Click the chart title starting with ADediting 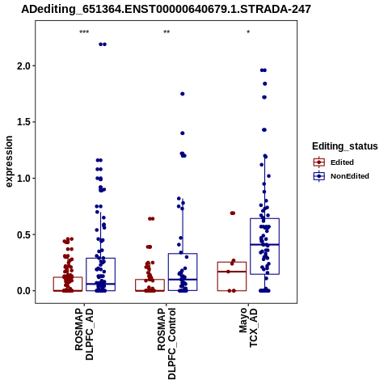click(x=166, y=9)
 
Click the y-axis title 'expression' click(x=9, y=162)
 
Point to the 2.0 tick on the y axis click(x=24, y=65)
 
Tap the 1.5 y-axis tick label click(x=24, y=122)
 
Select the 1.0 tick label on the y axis click(x=24, y=178)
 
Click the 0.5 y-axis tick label click(x=24, y=234)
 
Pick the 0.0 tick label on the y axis click(x=24, y=291)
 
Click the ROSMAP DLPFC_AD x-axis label click(x=84, y=335)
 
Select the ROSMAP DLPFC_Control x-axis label click(x=167, y=344)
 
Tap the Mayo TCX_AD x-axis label click(x=248, y=327)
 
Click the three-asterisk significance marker click(x=84, y=32)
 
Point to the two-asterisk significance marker click(x=167, y=32)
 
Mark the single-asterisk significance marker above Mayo click(x=248, y=32)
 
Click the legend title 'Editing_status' click(x=345, y=146)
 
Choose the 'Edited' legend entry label click(x=342, y=162)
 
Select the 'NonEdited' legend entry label click(x=350, y=176)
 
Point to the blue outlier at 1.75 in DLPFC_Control click(x=183, y=94)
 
